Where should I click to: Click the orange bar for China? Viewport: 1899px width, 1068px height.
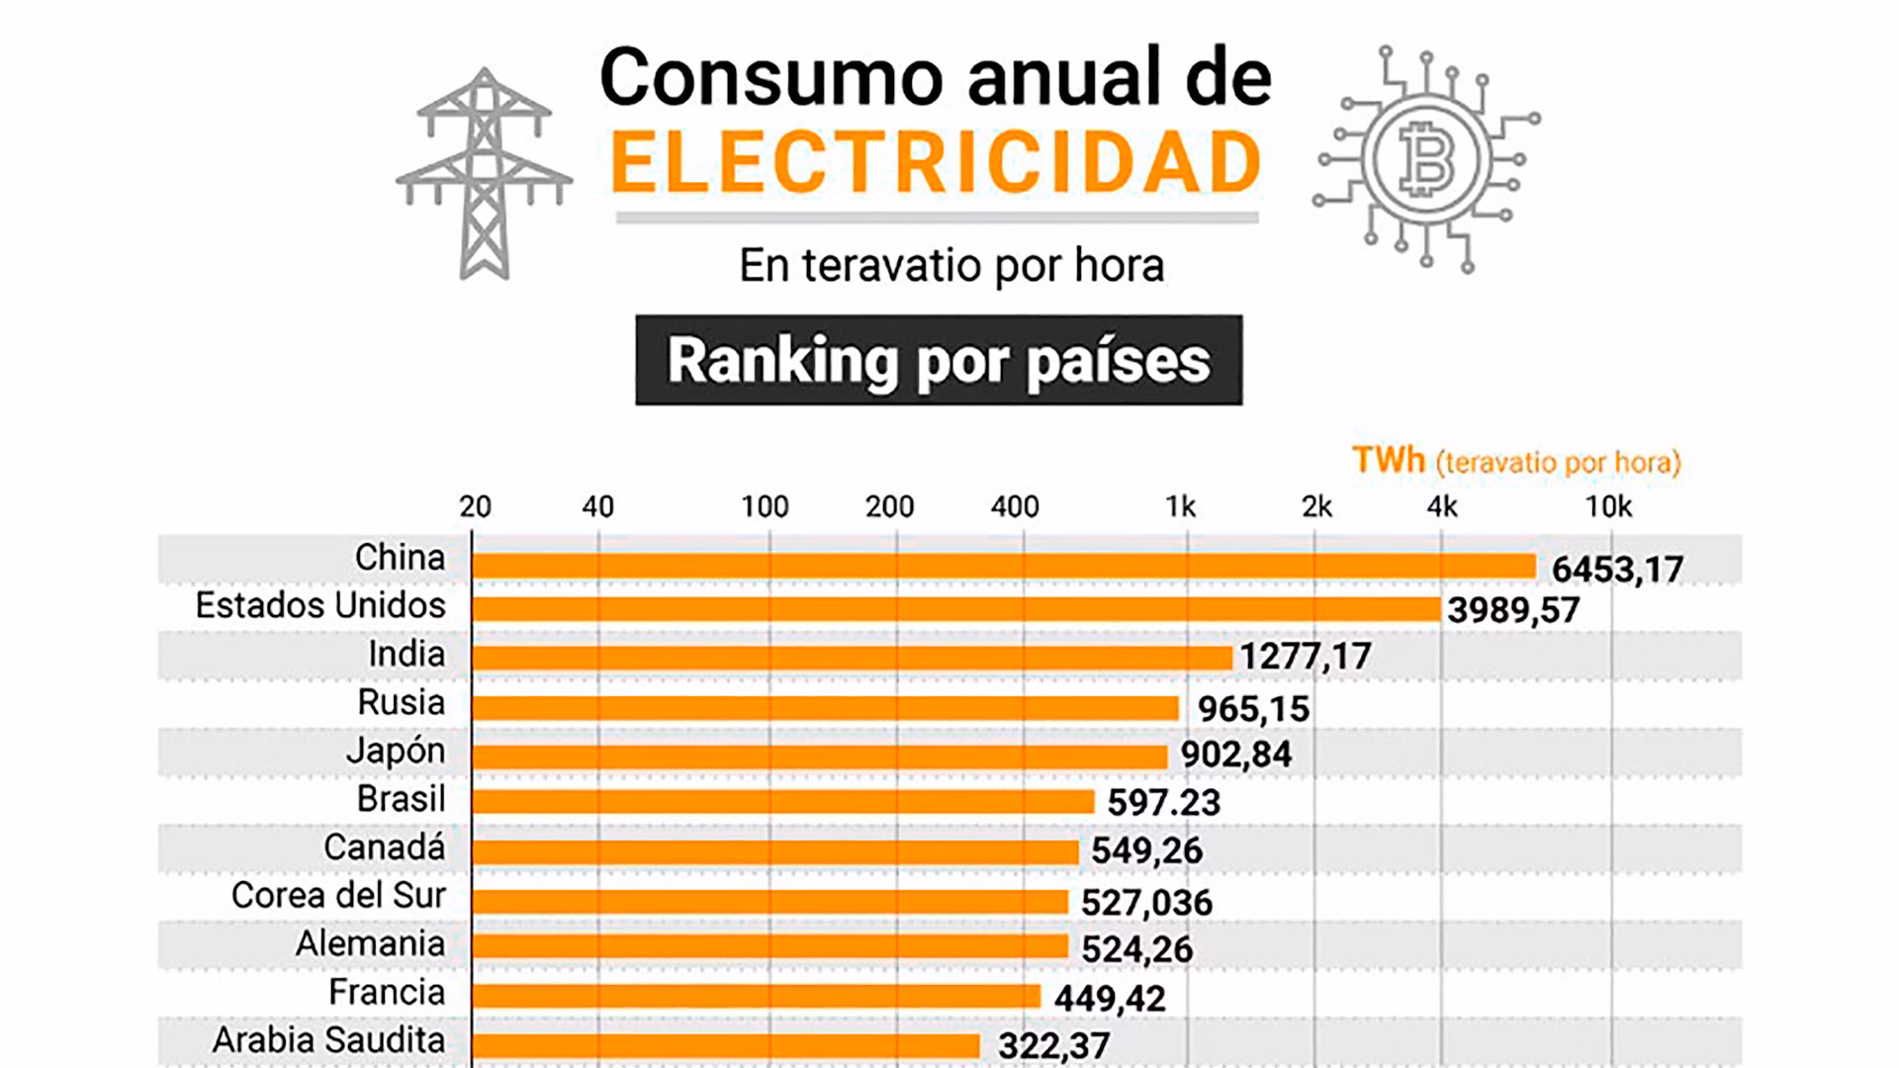click(1003, 566)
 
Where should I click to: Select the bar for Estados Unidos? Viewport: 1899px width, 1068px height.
click(955, 609)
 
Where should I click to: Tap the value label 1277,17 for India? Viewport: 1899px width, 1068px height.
click(1306, 657)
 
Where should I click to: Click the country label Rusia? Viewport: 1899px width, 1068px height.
click(401, 702)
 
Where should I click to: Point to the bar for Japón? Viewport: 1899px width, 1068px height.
click(819, 756)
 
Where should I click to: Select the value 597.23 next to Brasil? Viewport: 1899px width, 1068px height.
click(1163, 802)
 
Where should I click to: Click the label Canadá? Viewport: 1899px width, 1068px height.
click(384, 847)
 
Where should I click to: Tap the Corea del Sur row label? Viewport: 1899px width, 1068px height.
click(338, 895)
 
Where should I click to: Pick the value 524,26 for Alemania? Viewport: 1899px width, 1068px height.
click(1136, 949)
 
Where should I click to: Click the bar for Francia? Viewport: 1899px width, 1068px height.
click(756, 996)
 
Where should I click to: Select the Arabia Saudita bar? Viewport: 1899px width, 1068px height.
click(725, 1045)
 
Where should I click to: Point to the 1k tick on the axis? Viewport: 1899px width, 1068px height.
click(1180, 507)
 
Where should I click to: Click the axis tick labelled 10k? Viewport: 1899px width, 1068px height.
click(1608, 507)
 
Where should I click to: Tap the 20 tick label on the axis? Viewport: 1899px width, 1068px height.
click(475, 507)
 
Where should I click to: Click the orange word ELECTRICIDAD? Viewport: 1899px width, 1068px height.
click(936, 164)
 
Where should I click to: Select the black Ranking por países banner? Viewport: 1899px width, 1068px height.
click(939, 360)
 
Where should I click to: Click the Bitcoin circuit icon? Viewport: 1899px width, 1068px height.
click(1426, 160)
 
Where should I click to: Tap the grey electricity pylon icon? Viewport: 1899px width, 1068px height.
click(484, 173)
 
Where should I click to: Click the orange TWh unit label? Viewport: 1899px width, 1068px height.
click(1388, 461)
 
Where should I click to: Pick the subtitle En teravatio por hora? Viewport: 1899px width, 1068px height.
click(951, 265)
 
